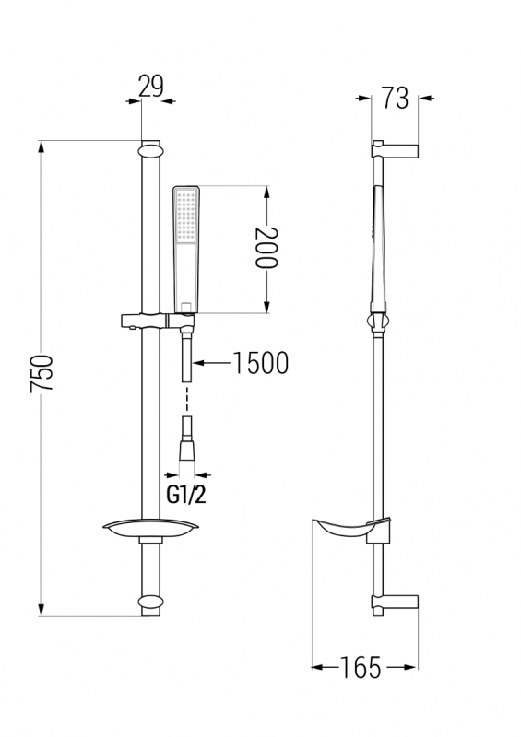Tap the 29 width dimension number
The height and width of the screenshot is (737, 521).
[151, 86]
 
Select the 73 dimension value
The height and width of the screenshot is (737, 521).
[395, 99]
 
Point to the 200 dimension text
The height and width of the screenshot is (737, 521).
[266, 247]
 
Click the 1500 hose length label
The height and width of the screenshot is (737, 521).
[261, 363]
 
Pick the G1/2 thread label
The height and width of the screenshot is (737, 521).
[186, 495]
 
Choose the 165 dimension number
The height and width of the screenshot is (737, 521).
[361, 667]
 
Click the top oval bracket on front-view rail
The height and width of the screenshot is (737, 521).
[150, 152]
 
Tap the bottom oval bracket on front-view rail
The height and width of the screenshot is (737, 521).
[150, 603]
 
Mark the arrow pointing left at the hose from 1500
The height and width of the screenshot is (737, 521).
[211, 363]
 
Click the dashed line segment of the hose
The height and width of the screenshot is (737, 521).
[187, 400]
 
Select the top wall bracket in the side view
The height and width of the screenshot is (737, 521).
[395, 149]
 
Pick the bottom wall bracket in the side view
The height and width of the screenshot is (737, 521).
[395, 603]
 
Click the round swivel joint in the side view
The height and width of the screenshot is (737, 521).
[378, 323]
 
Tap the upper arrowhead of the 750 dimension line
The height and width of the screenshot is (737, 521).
[41, 146]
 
